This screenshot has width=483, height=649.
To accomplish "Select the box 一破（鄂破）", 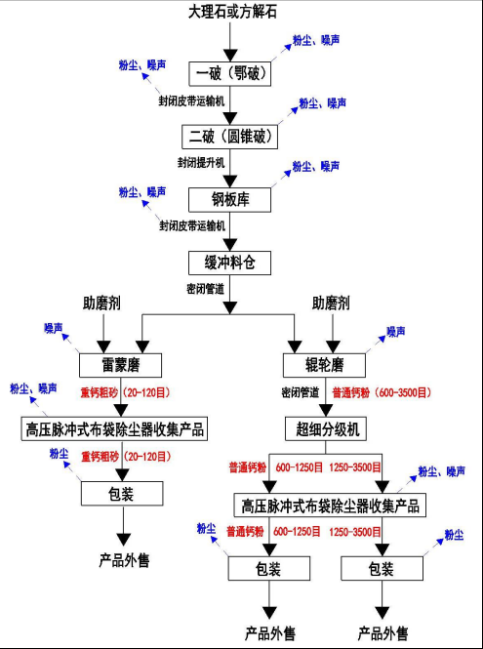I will coord(227,73).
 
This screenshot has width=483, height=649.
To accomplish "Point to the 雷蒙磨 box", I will coord(121,365).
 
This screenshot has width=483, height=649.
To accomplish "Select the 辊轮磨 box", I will coord(325,365).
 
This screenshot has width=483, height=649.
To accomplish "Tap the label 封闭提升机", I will coord(200,162).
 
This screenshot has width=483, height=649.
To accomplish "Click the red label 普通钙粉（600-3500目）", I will coord(381,392).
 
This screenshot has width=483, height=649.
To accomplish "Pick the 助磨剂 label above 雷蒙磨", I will coord(102,302).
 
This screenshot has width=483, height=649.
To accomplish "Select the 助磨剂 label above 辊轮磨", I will coord(332,302).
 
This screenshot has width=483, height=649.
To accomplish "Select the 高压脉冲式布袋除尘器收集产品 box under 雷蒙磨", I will coord(120,428).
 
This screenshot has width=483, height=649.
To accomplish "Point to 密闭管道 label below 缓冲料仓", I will coord(205,289).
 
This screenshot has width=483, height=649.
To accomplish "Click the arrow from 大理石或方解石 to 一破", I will coord(229,41).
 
